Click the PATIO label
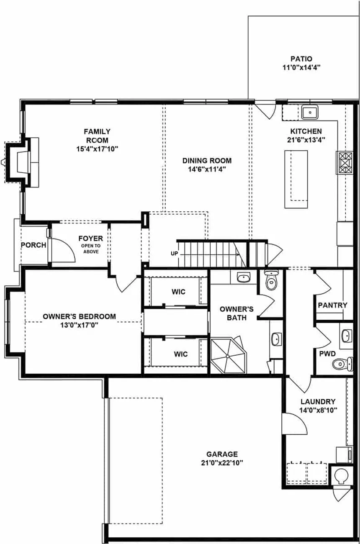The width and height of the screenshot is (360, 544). point(301,59)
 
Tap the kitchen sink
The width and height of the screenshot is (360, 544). point(310,112)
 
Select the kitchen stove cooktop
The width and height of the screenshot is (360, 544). point(344,162)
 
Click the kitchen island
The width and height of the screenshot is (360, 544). point(296,179)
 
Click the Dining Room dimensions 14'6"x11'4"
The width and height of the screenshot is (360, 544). point(207,169)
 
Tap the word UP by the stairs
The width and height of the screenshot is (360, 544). point(175,253)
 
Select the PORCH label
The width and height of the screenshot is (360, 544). point(33,245)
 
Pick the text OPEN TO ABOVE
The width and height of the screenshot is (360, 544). point(91,249)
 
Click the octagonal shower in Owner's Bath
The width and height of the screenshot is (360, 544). point(228,356)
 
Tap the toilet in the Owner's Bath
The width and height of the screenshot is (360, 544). point(271,280)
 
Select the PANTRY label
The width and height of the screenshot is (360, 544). point(332,305)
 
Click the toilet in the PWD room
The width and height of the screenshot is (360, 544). point(342,364)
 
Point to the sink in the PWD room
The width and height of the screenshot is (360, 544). point(347,336)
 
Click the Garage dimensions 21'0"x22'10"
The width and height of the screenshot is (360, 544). point(222,463)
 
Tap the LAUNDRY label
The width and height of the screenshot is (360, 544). point(318,401)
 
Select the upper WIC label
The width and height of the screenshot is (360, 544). point(179,292)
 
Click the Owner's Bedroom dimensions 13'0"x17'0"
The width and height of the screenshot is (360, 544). point(79,325)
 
